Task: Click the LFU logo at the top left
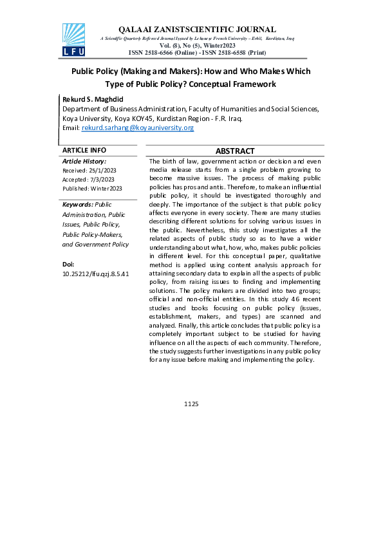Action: click(x=73, y=40)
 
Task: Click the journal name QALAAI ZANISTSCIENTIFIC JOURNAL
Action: click(x=198, y=30)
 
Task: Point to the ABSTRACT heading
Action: click(x=235, y=151)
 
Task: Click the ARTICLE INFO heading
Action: click(x=84, y=150)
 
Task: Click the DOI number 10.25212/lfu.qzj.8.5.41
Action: click(x=96, y=274)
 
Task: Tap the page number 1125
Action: click(x=191, y=404)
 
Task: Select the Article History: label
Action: click(x=84, y=161)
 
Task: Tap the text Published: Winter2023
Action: click(x=92, y=189)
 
